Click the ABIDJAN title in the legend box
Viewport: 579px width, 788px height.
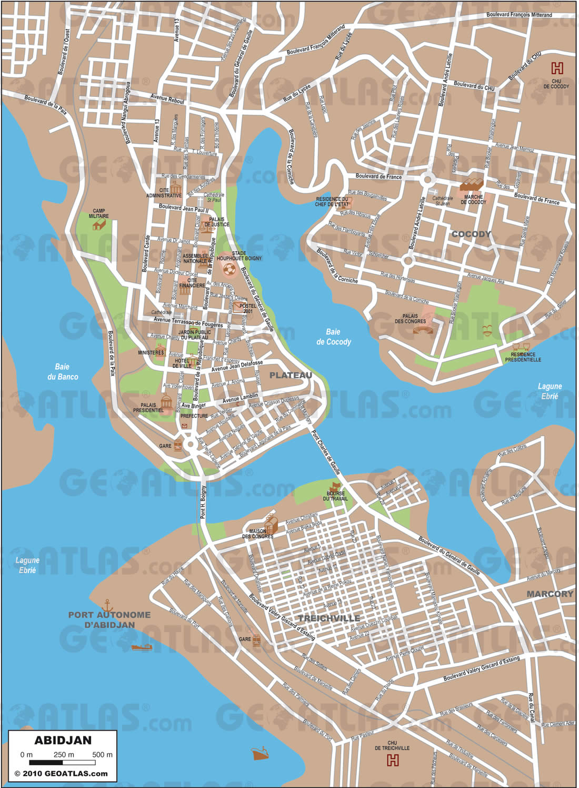(x=63, y=740)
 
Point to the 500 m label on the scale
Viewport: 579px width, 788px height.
(x=102, y=754)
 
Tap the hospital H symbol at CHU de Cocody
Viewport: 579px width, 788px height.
(x=556, y=68)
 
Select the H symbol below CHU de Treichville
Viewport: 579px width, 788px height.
(x=392, y=760)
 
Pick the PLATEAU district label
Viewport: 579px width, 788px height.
(x=291, y=375)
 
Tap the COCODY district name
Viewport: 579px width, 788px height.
(x=471, y=234)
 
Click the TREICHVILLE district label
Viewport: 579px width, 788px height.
(x=329, y=618)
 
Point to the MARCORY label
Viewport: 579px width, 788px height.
(x=550, y=594)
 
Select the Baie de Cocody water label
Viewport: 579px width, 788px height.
(x=333, y=337)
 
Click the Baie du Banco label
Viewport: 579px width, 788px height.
(x=62, y=371)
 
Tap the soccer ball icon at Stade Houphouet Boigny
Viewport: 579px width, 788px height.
(x=229, y=270)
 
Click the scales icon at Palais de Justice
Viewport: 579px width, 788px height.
(x=209, y=227)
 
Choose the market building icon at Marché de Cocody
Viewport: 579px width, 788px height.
(x=472, y=184)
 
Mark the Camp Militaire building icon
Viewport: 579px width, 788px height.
(x=98, y=225)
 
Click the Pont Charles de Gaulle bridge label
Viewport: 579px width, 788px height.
(x=326, y=452)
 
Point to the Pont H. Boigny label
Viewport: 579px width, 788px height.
(x=203, y=502)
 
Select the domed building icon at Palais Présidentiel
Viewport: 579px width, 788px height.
(x=167, y=403)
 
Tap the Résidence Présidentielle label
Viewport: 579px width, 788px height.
(x=523, y=357)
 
